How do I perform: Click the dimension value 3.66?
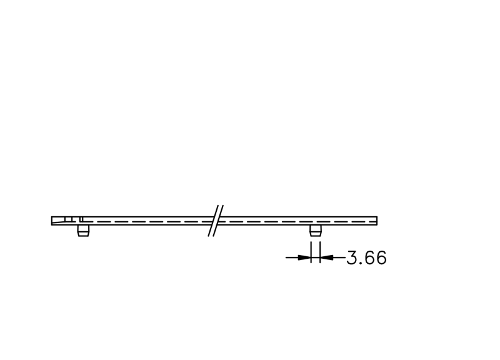point(366,257)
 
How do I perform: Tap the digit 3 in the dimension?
point(351,257)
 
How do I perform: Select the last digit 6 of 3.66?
point(381,257)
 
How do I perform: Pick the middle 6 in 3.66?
point(369,257)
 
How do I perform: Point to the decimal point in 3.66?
point(359,263)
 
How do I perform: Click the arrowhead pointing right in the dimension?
point(304,257)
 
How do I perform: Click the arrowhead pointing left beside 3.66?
point(326,257)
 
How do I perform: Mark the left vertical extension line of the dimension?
point(311,252)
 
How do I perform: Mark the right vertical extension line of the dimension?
point(320,252)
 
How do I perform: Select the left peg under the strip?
point(83,231)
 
